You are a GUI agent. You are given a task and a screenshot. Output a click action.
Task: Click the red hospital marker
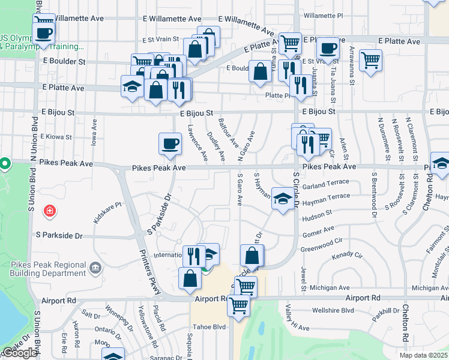[49, 211]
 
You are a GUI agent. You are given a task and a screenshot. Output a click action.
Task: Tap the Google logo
[19, 353]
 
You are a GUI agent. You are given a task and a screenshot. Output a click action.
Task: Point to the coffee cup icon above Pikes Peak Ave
[169, 144]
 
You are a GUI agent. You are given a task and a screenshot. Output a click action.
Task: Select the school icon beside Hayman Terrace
[282, 198]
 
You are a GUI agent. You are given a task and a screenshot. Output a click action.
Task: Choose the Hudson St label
[317, 213]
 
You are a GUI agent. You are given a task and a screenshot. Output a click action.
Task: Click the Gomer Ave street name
[318, 231]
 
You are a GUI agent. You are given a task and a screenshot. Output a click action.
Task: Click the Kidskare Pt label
[107, 212]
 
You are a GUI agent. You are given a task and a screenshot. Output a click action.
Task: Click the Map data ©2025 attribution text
[424, 355]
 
